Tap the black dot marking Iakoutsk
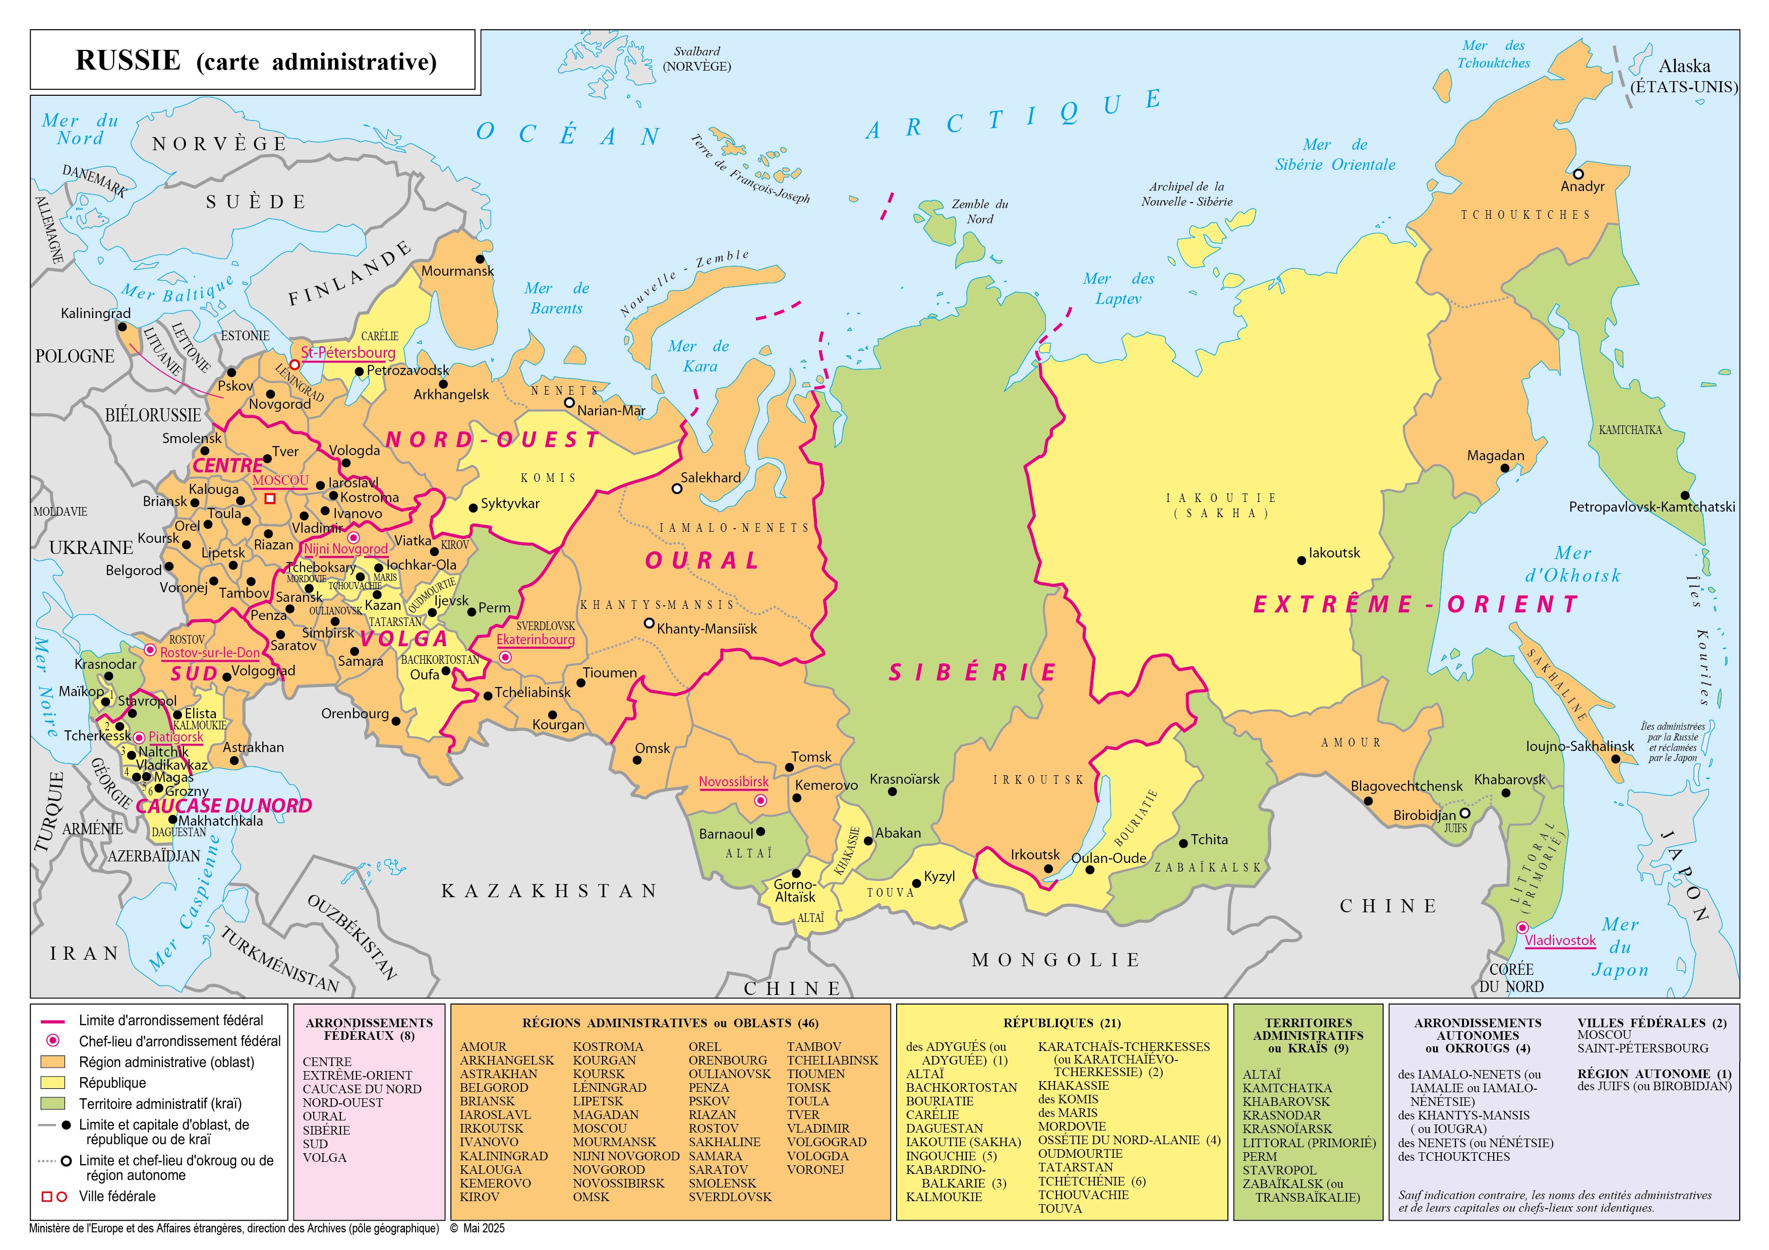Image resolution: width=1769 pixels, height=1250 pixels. (1302, 560)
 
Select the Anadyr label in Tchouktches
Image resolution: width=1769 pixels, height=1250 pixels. (1582, 186)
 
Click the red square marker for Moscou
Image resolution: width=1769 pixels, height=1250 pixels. (270, 498)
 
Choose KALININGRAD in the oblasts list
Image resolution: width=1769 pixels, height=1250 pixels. (504, 1156)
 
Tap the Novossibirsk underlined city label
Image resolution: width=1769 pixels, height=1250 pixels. (734, 782)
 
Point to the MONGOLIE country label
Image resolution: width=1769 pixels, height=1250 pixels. (1055, 960)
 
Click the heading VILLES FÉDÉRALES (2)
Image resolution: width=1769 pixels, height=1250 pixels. (1652, 1023)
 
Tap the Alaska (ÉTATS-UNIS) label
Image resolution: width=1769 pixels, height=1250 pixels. (1684, 76)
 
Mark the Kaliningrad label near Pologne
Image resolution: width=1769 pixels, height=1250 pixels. (95, 314)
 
